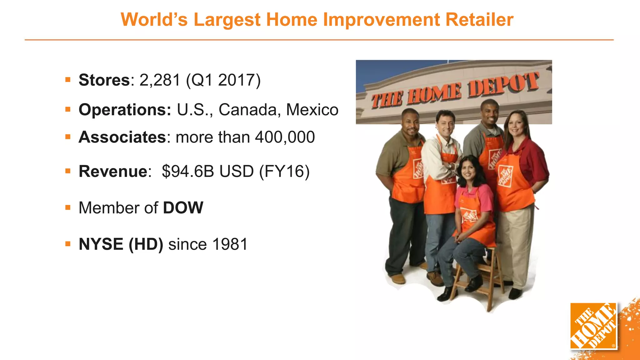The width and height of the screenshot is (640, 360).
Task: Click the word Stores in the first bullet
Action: (104, 80)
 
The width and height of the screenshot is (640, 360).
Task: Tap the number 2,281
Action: (160, 80)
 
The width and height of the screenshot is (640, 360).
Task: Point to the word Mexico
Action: (312, 110)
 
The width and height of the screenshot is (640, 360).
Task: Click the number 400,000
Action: (285, 137)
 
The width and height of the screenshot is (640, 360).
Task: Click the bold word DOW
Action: (183, 208)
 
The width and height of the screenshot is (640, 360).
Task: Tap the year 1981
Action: (230, 244)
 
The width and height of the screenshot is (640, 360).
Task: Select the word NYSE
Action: (101, 244)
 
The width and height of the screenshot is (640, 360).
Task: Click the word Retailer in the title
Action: (479, 19)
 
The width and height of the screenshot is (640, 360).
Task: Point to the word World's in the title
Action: (154, 19)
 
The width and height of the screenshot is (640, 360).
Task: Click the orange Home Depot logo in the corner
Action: (593, 326)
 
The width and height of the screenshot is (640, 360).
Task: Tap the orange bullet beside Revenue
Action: (68, 171)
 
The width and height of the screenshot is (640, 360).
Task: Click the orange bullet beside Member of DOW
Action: (68, 207)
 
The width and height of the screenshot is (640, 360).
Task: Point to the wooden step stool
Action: (478, 278)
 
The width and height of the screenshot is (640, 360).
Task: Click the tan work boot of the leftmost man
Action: (397, 278)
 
